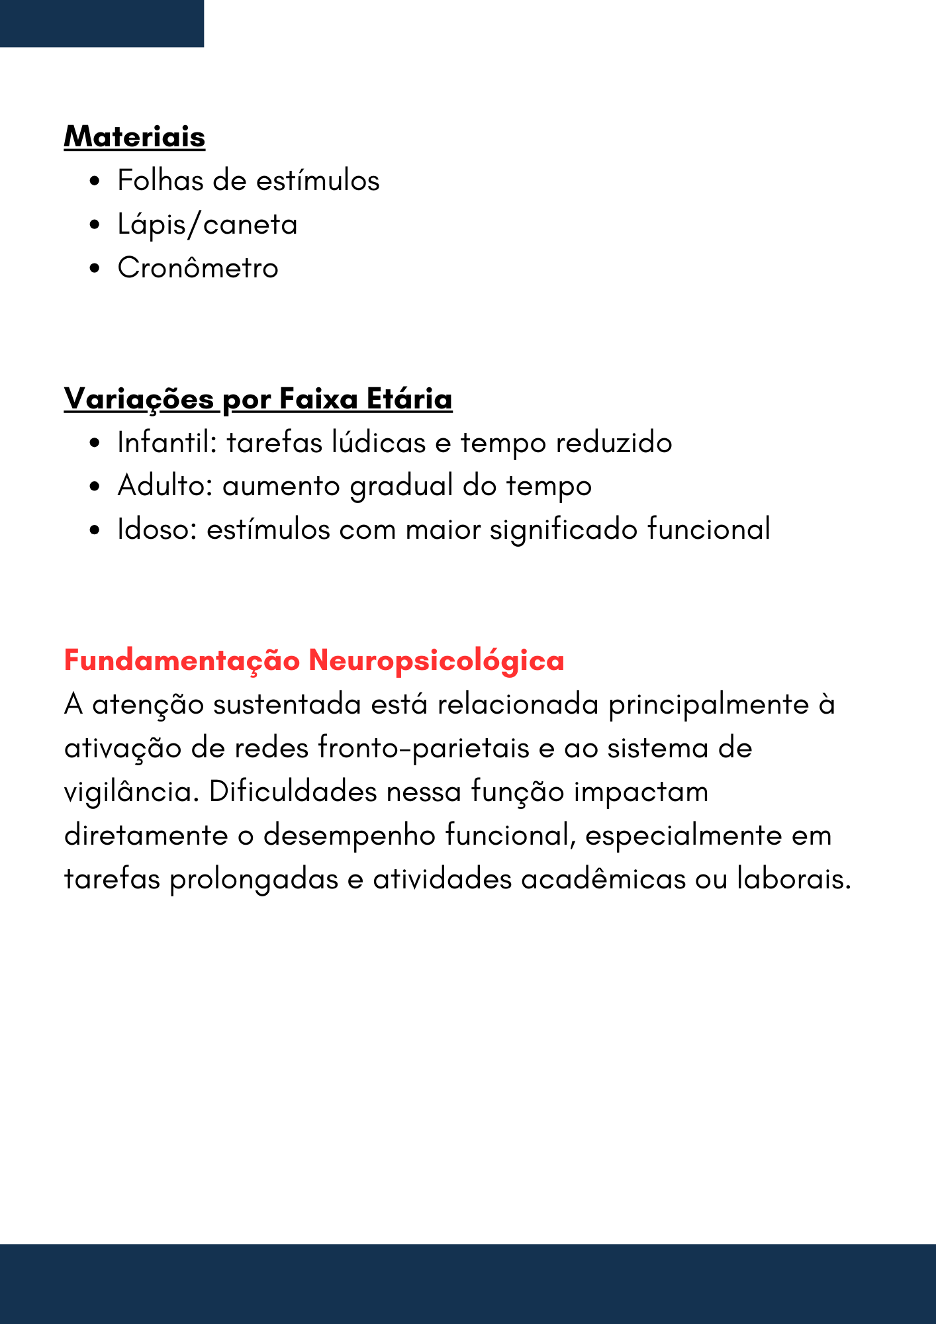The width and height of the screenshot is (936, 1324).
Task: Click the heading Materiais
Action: tap(134, 137)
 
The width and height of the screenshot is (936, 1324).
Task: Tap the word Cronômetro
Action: tap(198, 268)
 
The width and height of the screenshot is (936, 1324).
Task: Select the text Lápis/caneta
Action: tap(207, 225)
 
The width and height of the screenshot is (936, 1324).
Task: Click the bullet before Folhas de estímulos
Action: tap(95, 181)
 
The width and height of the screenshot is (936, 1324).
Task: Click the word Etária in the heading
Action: tap(409, 399)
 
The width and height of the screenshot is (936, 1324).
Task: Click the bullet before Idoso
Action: tap(95, 530)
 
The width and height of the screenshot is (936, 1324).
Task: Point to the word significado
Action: tap(563, 530)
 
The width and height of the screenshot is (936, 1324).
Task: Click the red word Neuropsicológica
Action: tap(436, 661)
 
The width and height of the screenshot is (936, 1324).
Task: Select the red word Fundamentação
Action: tap(182, 661)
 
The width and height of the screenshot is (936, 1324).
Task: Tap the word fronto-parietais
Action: tap(424, 748)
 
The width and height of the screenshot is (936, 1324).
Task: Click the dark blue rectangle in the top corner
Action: tap(102, 23)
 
